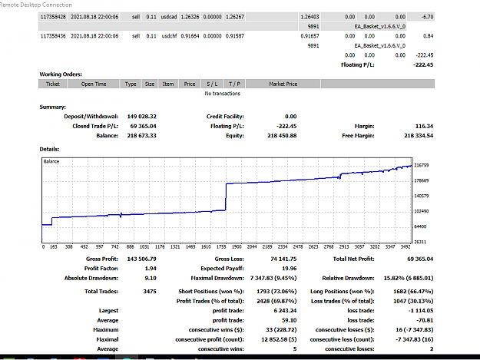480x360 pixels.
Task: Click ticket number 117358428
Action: coord(53,17)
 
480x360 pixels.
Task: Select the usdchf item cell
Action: coord(169,36)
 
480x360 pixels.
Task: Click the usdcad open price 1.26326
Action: coord(190,17)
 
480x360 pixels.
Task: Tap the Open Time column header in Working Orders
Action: coord(94,84)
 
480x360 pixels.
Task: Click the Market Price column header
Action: coord(283,84)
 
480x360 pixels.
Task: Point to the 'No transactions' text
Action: coord(222,94)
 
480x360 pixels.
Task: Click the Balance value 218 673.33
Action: coord(141,136)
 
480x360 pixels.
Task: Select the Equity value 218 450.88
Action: coord(282,136)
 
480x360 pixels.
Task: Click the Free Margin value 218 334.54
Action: coord(419,136)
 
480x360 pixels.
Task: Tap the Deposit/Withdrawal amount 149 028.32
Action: coord(141,117)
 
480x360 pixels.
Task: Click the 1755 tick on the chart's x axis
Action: coord(221,247)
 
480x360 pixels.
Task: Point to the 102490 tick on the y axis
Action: coord(422,211)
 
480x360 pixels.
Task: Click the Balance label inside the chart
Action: coord(51,161)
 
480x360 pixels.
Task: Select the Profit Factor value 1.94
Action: coord(151,269)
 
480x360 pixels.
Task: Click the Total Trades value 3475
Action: coord(150,292)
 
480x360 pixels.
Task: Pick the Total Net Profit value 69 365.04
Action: coord(420,259)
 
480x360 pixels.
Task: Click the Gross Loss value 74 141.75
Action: coord(283,259)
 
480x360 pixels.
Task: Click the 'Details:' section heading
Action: coord(49,149)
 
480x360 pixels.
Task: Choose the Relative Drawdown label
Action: coord(348,279)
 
